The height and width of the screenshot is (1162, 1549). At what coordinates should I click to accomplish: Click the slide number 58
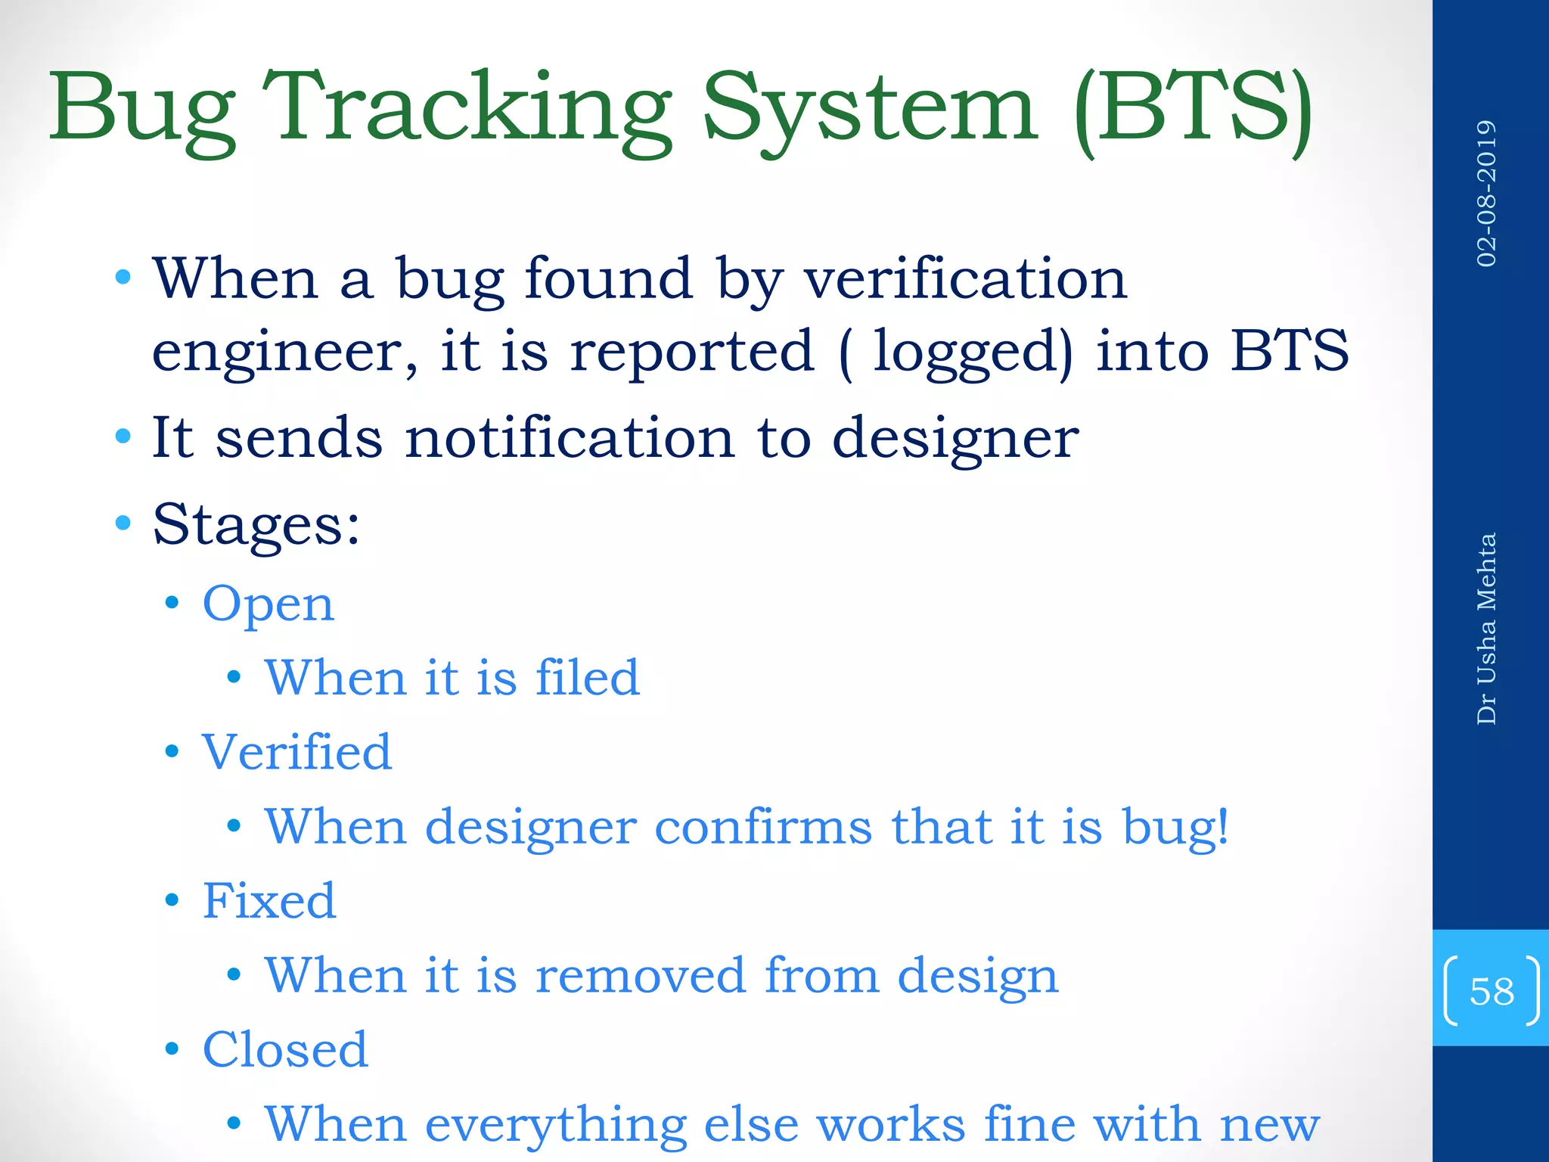[1492, 990]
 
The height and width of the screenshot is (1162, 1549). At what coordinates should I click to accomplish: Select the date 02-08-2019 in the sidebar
[1486, 194]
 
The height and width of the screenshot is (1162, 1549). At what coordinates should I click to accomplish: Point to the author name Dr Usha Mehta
[1486, 629]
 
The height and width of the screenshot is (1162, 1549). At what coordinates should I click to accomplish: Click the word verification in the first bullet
[964, 279]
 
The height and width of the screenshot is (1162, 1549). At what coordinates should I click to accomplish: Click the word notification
[570, 438]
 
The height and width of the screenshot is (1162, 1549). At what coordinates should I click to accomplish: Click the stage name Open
[269, 604]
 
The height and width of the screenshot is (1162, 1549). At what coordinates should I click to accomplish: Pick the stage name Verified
[296, 752]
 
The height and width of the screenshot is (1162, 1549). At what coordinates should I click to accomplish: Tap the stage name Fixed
[269, 901]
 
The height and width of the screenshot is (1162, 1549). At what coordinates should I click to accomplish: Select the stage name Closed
[285, 1050]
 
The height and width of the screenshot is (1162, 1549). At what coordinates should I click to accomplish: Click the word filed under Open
[588, 677]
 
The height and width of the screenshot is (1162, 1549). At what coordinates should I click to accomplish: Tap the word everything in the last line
[556, 1125]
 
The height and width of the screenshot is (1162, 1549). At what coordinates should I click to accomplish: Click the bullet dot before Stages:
[123, 522]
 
